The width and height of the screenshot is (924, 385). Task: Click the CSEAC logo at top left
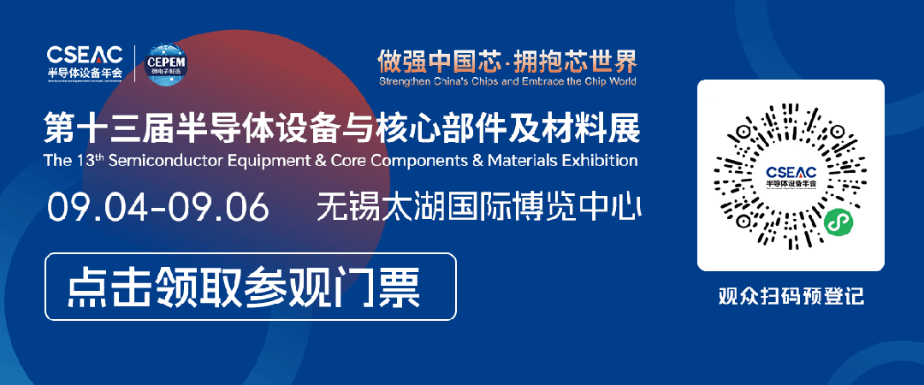pyautogui.click(x=86, y=54)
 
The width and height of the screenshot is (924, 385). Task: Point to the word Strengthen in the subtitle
pyautogui.click(x=406, y=82)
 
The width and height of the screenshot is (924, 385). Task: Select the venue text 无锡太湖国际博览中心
pyautogui.click(x=479, y=207)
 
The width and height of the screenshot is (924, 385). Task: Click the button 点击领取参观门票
pyautogui.click(x=250, y=287)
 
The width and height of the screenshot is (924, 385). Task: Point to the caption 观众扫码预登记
pyautogui.click(x=791, y=298)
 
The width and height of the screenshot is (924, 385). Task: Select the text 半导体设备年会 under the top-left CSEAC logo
pyautogui.click(x=86, y=72)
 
